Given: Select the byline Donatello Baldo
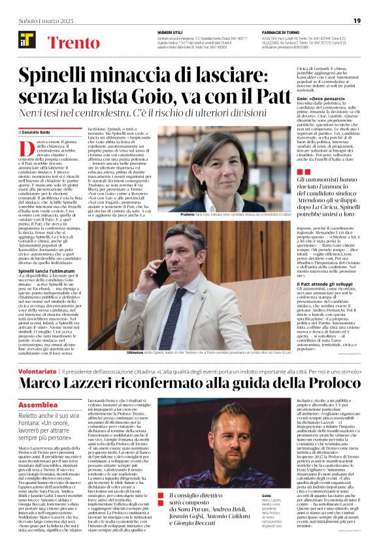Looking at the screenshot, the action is coord(42,132).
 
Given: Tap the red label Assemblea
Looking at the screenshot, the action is coord(39,405).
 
